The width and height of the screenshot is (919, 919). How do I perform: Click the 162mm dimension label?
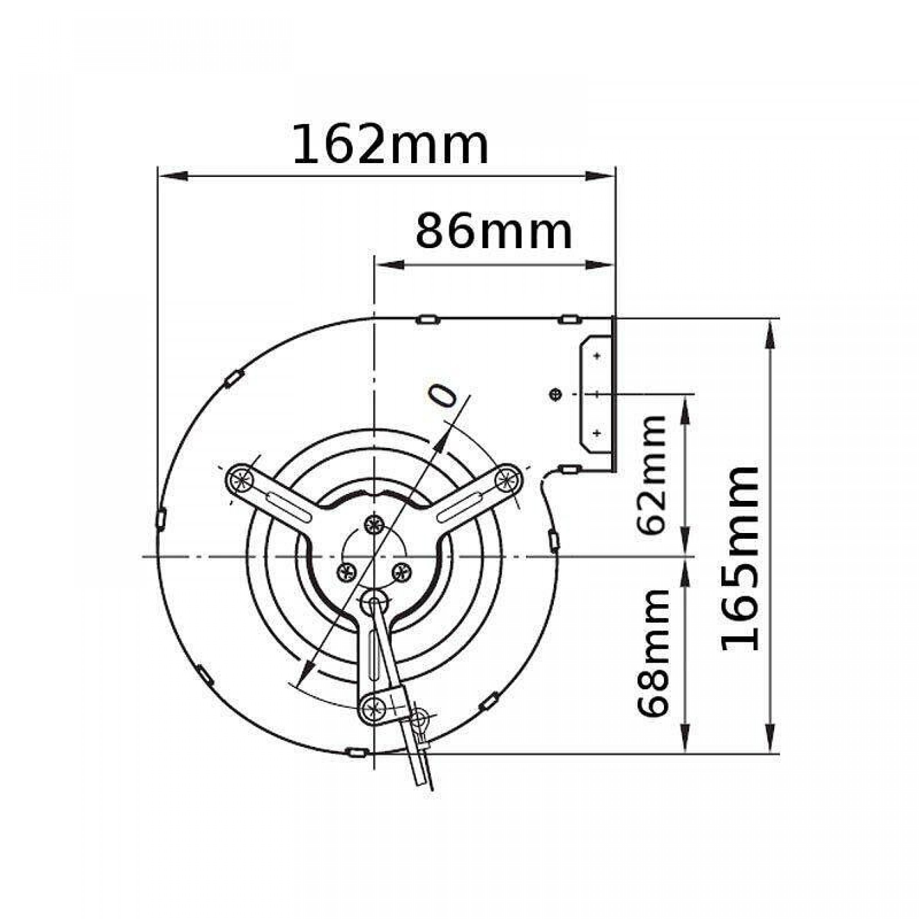391,144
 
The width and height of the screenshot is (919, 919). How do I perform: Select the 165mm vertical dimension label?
740,558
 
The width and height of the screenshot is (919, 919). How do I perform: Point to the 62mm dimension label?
652,475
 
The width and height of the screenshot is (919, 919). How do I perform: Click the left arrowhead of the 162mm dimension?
173,176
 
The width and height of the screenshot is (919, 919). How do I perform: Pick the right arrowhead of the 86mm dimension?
599,265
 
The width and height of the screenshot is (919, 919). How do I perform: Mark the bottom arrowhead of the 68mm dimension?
686,738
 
